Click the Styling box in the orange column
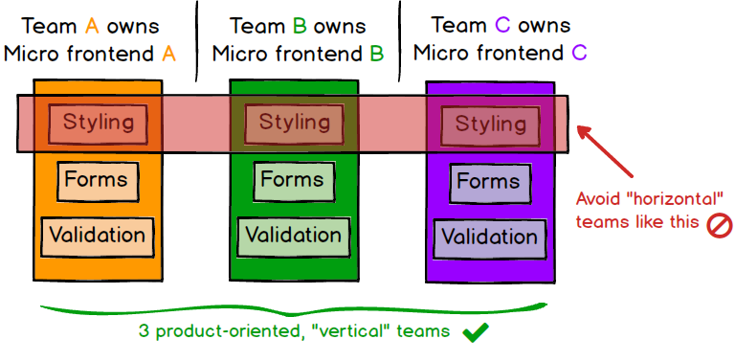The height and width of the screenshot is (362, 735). pos(99,123)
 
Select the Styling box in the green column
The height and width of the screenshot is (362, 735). pos(294,123)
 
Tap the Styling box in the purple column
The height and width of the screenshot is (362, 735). pos(490,124)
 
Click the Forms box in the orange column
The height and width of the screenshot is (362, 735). pos(96,179)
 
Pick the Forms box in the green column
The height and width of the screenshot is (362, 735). pos(292,180)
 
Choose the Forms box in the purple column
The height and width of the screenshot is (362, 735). pos(488,182)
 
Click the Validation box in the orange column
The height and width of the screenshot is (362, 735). pos(97,234)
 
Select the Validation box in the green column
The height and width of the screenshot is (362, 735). pos(294,235)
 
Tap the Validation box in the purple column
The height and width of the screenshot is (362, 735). pos(488,238)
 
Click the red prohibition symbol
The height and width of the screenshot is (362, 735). pos(718,226)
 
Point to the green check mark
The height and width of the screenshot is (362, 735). pos(476,333)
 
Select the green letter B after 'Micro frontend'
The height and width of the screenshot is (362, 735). pos(377,54)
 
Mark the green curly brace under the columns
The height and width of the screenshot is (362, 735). pos(292,311)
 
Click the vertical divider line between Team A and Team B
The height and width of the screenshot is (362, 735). pos(196,40)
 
